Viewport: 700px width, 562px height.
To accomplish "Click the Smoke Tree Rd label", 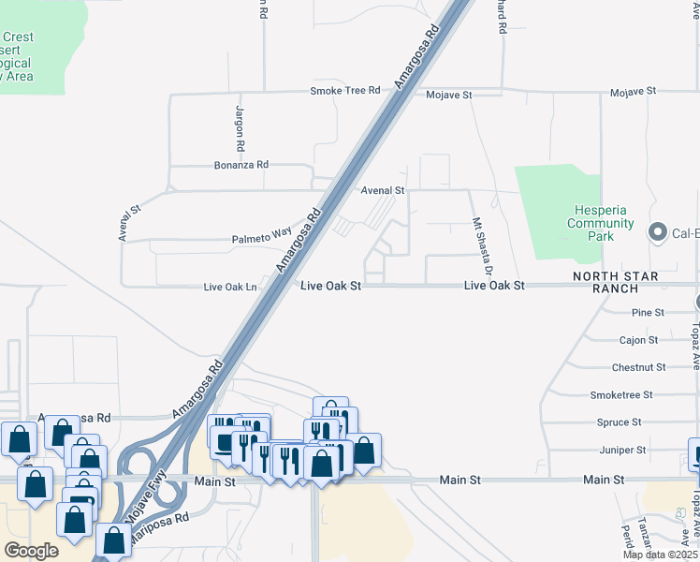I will [x=345, y=91].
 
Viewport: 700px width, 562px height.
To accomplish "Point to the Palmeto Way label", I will [x=262, y=239].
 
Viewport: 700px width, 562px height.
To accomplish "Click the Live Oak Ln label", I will [x=230, y=287].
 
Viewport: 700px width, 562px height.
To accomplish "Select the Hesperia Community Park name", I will [x=601, y=223].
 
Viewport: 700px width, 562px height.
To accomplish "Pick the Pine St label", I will [x=648, y=312].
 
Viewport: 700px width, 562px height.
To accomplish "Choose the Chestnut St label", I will [x=638, y=368].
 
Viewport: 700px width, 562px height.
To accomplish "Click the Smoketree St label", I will [x=621, y=395].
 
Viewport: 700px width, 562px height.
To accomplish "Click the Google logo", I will [x=32, y=550].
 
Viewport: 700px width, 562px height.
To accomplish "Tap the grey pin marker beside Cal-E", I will [x=657, y=231].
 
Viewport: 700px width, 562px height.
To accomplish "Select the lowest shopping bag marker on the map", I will [x=114, y=539].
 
